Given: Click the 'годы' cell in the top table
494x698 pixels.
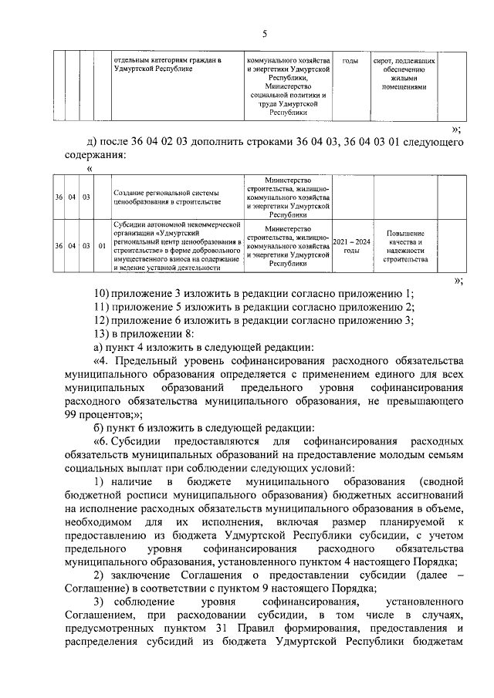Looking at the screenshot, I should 350,60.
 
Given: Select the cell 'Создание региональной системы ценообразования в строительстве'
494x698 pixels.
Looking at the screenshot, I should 166,197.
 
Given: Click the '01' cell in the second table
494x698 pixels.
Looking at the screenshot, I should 102,246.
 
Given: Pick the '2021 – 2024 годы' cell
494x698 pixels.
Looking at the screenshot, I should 351,246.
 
